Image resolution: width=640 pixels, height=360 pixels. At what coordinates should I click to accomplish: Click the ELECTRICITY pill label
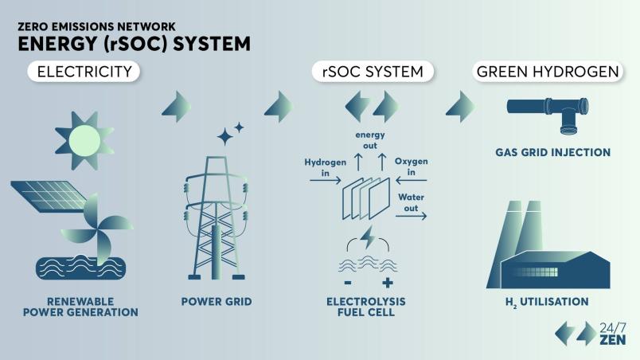click(x=85, y=72)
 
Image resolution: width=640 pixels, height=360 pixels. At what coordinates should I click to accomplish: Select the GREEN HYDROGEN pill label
click(x=548, y=72)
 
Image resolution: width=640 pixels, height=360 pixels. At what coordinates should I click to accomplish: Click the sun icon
click(x=85, y=141)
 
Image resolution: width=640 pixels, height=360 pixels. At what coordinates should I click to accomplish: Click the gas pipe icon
click(x=548, y=112)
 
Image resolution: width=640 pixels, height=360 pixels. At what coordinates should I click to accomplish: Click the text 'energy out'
click(x=370, y=141)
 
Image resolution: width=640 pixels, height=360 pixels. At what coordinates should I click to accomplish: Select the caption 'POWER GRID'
click(x=217, y=302)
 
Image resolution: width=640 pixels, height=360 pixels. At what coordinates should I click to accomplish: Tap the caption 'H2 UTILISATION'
click(x=548, y=302)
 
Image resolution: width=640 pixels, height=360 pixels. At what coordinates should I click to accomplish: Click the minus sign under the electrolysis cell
click(x=349, y=283)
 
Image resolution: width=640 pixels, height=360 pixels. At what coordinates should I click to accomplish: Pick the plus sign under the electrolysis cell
click(x=388, y=283)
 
